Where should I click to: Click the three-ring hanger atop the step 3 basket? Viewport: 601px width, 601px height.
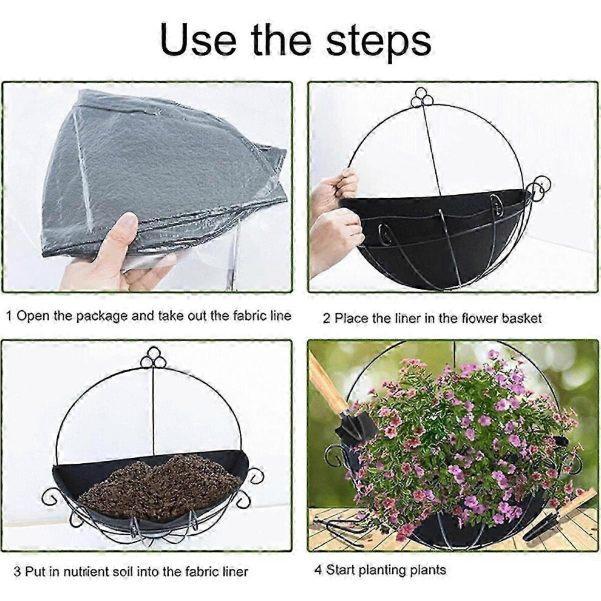click(x=153, y=358)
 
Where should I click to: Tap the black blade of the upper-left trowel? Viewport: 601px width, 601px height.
click(x=351, y=427)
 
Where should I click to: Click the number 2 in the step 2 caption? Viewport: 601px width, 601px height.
click(x=326, y=319)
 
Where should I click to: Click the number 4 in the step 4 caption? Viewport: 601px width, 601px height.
click(x=318, y=570)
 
